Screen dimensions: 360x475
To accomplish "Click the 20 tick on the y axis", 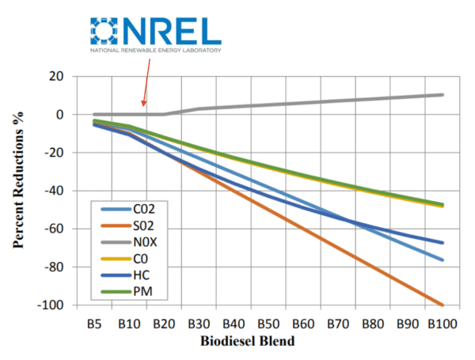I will tap(55, 76).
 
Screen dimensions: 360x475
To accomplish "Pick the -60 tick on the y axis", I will tap(51, 229).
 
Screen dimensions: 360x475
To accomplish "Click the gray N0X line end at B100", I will tap(442, 95).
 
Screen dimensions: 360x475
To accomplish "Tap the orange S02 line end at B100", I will tap(442, 305).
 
